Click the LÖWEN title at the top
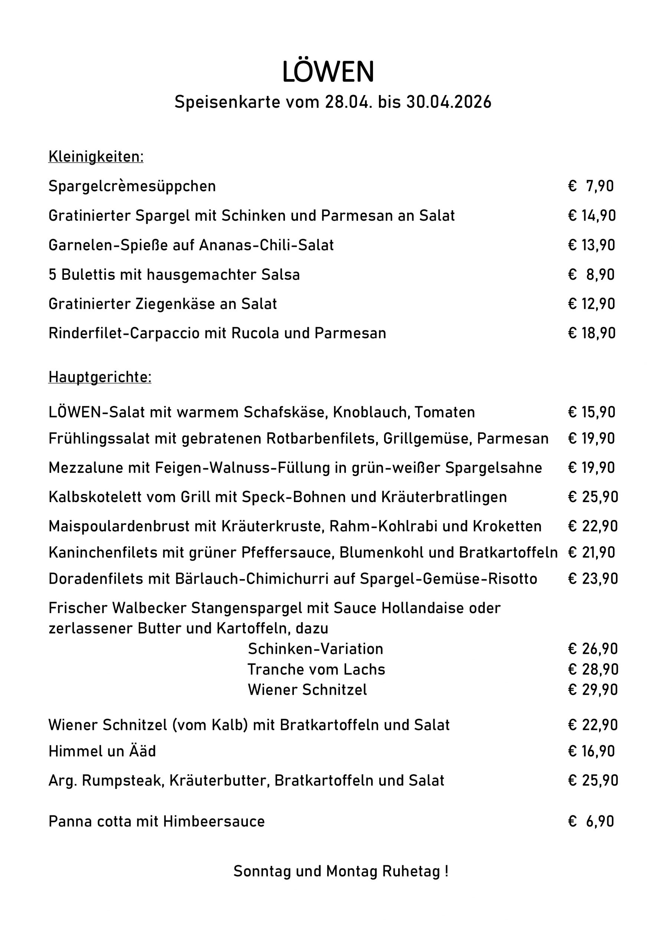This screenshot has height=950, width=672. point(328,72)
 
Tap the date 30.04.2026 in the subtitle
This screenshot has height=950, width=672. point(449,102)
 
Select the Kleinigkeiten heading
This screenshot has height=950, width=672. point(96,157)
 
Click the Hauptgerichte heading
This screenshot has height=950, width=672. point(100,377)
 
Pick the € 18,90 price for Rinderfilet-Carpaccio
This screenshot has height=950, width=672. point(592,333)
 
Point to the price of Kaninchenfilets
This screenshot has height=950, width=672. point(592,553)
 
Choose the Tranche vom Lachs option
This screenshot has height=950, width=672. point(316,669)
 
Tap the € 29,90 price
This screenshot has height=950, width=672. point(593,690)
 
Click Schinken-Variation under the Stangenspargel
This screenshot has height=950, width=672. point(315,649)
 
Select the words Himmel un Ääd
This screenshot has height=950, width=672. point(102,751)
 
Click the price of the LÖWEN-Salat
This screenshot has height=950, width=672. point(592,412)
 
